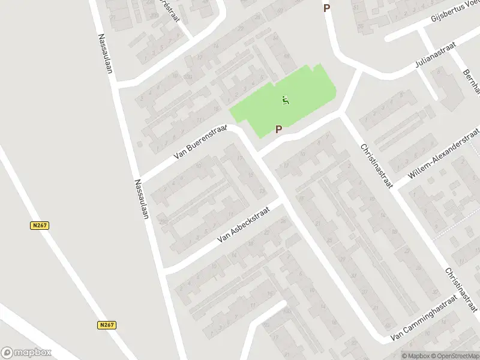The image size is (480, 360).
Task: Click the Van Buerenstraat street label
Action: pos(200,142)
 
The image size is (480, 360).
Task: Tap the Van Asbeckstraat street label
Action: pos(244,223)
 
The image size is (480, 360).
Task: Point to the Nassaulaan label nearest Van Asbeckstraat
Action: pos(142,199)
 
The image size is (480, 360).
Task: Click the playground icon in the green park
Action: pos(286,100)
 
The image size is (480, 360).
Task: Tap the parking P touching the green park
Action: pos(278,129)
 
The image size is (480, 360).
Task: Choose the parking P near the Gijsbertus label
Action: pos(327,8)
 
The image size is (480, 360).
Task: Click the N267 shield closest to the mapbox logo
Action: pos(107,325)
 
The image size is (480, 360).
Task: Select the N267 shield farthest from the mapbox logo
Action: pos(40,226)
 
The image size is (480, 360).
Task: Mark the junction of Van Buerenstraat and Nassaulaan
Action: pos(139,180)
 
